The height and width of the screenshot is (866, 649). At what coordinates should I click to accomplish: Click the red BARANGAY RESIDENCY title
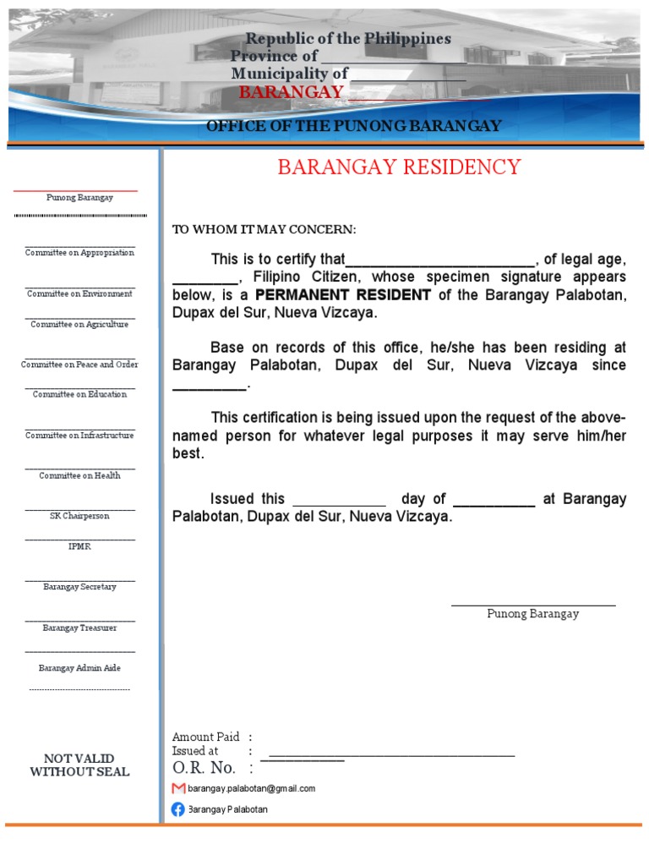click(399, 167)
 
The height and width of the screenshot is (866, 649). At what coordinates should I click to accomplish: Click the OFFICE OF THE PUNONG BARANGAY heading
click(354, 126)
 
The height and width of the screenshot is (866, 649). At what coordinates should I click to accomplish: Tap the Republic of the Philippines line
click(347, 39)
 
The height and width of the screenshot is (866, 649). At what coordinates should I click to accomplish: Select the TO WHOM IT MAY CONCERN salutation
click(265, 230)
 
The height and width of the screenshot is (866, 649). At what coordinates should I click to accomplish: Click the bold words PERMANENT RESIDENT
click(343, 295)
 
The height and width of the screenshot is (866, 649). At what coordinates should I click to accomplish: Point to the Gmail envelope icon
click(178, 788)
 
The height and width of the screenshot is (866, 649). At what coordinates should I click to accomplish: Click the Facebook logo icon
click(178, 809)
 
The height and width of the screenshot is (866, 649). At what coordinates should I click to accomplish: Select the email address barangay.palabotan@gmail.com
click(251, 788)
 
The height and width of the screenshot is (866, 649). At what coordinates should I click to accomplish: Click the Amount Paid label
click(205, 737)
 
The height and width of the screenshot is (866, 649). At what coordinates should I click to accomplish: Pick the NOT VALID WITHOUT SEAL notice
click(79, 765)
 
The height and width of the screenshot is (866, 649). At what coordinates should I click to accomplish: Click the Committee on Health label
click(79, 476)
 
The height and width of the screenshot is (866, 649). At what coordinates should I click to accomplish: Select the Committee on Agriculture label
click(79, 325)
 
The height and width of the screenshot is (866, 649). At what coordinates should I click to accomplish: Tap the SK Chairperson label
click(79, 516)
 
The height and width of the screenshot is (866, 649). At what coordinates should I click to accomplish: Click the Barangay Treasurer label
click(79, 628)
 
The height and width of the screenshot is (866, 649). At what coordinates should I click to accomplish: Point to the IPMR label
click(79, 546)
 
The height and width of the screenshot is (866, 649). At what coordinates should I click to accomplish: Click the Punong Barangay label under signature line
click(532, 614)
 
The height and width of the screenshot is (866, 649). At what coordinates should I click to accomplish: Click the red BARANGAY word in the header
click(291, 92)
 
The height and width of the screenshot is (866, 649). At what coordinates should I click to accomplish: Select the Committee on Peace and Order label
click(79, 364)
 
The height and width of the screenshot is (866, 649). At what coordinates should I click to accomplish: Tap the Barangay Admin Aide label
click(79, 668)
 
